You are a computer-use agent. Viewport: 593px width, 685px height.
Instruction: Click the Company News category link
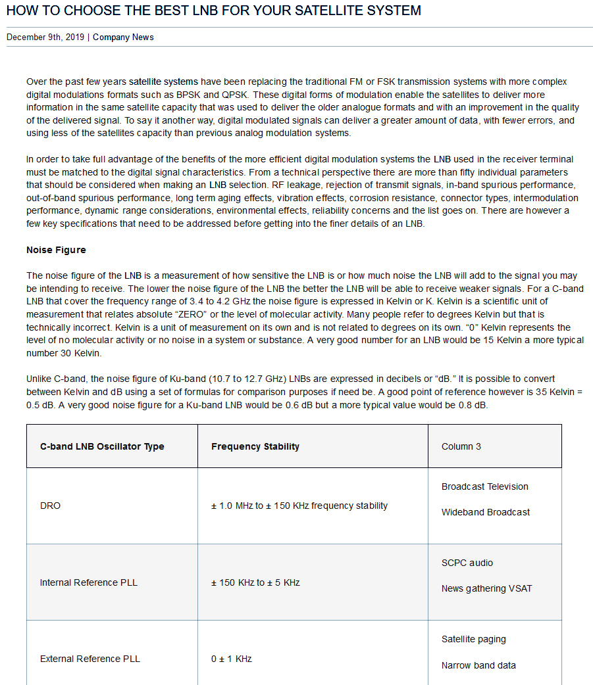(123, 37)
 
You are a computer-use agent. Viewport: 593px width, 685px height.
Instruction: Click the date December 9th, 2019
(45, 37)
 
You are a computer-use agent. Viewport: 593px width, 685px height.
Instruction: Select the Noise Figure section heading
(56, 250)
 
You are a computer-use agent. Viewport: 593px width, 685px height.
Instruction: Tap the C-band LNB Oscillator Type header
(102, 446)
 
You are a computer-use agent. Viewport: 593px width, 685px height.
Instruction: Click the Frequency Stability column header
(255, 446)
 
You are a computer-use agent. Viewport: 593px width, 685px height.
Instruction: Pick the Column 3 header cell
(461, 446)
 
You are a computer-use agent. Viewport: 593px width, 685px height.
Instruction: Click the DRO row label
(50, 506)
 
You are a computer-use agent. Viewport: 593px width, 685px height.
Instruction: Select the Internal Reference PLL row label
(89, 582)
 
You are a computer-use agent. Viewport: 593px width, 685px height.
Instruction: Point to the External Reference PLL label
(90, 659)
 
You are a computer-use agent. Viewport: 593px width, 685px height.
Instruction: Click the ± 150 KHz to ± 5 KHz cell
(255, 582)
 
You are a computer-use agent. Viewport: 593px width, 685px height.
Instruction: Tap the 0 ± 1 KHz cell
(232, 659)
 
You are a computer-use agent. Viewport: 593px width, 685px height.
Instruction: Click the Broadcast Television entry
(485, 487)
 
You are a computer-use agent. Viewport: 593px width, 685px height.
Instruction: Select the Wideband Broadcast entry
(486, 512)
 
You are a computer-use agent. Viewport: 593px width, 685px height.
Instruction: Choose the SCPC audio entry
(467, 563)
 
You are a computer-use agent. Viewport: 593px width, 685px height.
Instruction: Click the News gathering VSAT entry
(486, 588)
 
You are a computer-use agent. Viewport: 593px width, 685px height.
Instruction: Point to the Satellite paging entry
(474, 640)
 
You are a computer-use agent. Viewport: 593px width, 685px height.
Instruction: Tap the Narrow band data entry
(478, 665)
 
